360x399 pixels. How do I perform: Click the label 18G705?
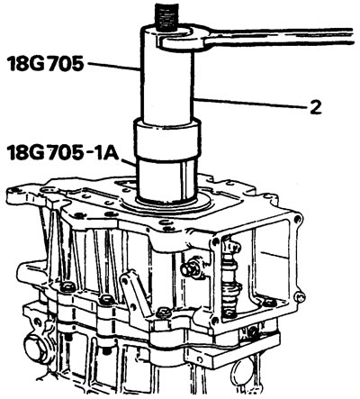point(45,64)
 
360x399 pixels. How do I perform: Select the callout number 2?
point(315,107)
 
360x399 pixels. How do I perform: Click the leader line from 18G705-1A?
point(130,163)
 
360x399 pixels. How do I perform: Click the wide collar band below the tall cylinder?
point(166,141)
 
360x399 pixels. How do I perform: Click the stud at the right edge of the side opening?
point(300,297)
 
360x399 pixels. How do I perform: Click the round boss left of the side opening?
point(190,268)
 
